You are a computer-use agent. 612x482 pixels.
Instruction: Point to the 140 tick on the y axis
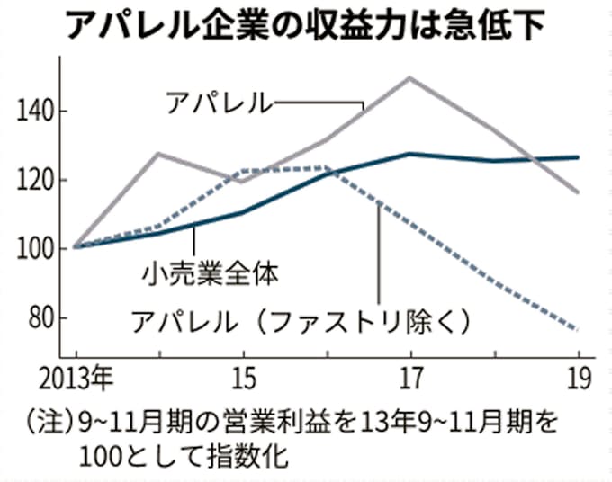coord(37,112)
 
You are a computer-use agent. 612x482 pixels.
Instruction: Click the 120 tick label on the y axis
coord(37,180)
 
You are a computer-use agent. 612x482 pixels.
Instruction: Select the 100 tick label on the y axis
coord(37,248)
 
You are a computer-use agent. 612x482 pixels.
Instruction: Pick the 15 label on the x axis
coord(242,379)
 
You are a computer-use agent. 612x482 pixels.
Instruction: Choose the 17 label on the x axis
coord(410,379)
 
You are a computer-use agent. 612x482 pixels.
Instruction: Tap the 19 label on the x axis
coord(580,379)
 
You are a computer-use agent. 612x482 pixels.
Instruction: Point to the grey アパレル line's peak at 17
coord(410,77)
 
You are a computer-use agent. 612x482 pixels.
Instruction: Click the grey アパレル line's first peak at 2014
coord(158,153)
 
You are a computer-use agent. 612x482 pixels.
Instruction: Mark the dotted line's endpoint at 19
coord(579,329)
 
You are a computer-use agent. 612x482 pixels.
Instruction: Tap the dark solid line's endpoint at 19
coord(579,157)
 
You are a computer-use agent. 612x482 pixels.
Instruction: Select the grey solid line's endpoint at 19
coord(579,192)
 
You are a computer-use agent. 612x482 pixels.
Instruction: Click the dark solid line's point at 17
coord(410,154)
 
